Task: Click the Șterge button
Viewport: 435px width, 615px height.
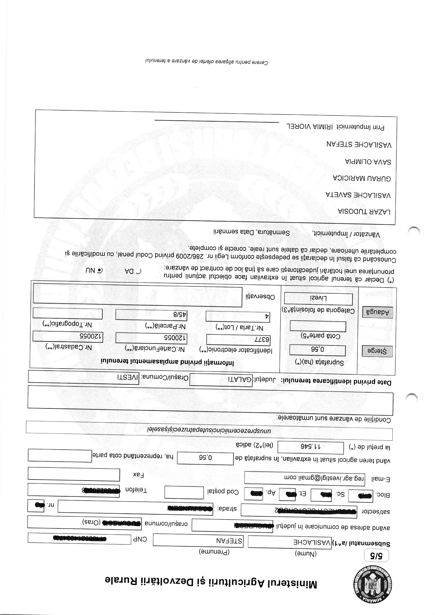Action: click(377, 351)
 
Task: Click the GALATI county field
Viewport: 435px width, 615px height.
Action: click(221, 379)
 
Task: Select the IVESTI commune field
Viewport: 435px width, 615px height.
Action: click(83, 377)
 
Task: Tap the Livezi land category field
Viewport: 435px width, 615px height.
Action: click(318, 298)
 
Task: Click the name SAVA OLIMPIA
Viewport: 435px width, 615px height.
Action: click(367, 162)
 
